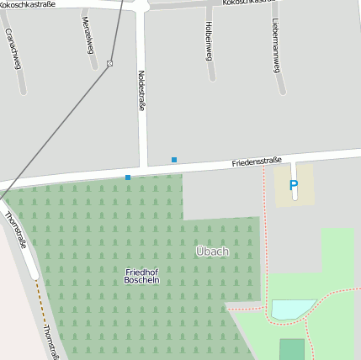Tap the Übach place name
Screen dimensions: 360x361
tap(212, 251)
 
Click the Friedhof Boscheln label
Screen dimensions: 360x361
tap(141, 275)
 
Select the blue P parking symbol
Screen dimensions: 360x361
tap(294, 185)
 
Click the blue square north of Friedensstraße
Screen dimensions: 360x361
tap(174, 159)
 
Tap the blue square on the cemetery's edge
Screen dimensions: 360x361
tap(128, 177)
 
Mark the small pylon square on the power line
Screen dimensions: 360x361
tap(110, 63)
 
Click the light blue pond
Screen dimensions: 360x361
tap(291, 309)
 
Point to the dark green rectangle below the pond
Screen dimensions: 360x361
tap(292, 349)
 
